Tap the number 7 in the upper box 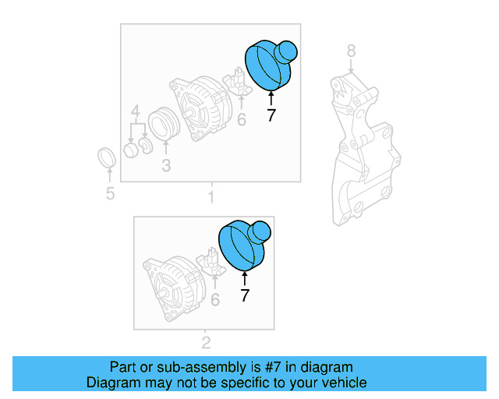tap(271, 116)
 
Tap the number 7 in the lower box tap(245, 295)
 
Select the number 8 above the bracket tap(351, 51)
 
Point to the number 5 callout tap(110, 193)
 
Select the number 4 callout tap(135, 111)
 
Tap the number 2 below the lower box tap(206, 342)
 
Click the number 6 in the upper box tap(241, 119)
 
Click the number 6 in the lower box tap(215, 299)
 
